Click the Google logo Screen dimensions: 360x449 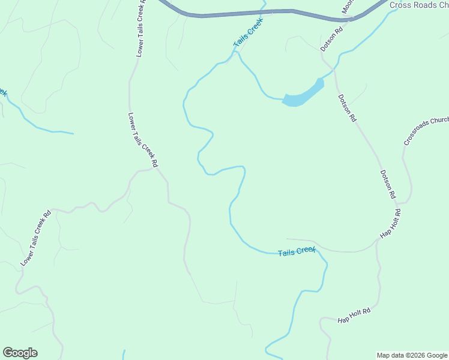pyautogui.click(x=20, y=353)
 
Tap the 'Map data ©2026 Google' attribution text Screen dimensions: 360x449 pyautogui.click(x=412, y=355)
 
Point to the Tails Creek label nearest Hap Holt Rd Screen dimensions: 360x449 pyautogui.click(x=297, y=251)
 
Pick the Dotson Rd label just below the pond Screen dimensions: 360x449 pyautogui.click(x=347, y=109)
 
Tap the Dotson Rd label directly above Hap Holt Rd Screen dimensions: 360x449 pyautogui.click(x=388, y=184)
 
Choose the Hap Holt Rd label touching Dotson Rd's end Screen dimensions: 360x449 pyautogui.click(x=390, y=224)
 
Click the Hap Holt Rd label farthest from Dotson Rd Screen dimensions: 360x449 pyautogui.click(x=354, y=312)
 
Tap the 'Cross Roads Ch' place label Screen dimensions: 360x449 pyautogui.click(x=419, y=5)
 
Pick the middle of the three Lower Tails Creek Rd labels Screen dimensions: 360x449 pyautogui.click(x=143, y=140)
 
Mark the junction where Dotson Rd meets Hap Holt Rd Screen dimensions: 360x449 pyautogui.click(x=379, y=239)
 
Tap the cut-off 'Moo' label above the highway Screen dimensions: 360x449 pyautogui.click(x=347, y=6)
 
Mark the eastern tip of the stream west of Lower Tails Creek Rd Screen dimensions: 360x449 pyautogui.click(x=73, y=133)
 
